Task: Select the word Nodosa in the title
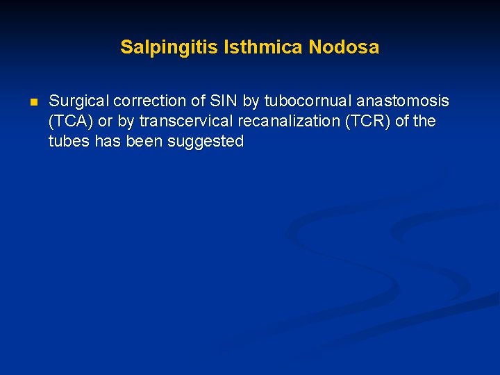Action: click(x=344, y=47)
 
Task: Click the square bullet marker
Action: click(x=32, y=102)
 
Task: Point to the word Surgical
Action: click(x=77, y=101)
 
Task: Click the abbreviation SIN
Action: click(x=224, y=101)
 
